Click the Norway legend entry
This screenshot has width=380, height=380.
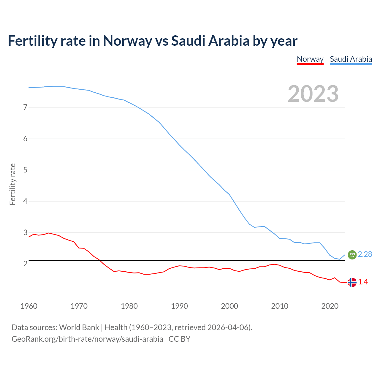310,59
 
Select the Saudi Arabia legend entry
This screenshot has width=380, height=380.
351,59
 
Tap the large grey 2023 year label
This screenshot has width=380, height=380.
313,94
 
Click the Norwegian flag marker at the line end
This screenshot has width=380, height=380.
352,282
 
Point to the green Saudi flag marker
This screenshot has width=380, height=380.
352,254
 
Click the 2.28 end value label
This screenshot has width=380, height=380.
365,254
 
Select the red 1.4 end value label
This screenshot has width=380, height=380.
363,282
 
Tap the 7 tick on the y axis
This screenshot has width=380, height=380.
25,107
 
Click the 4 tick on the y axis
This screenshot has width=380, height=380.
25,201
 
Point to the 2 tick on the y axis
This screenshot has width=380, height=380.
25,264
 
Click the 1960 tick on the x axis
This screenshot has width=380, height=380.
29,306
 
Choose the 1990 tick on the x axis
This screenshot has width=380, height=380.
179,306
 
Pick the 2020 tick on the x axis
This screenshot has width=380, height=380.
330,306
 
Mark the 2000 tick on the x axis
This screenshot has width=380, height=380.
229,306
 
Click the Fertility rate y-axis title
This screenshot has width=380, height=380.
12,184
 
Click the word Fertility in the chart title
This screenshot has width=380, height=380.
32,41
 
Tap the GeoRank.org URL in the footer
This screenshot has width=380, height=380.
87,339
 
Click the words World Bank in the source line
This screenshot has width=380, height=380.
79,327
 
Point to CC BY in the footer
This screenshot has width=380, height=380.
179,339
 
